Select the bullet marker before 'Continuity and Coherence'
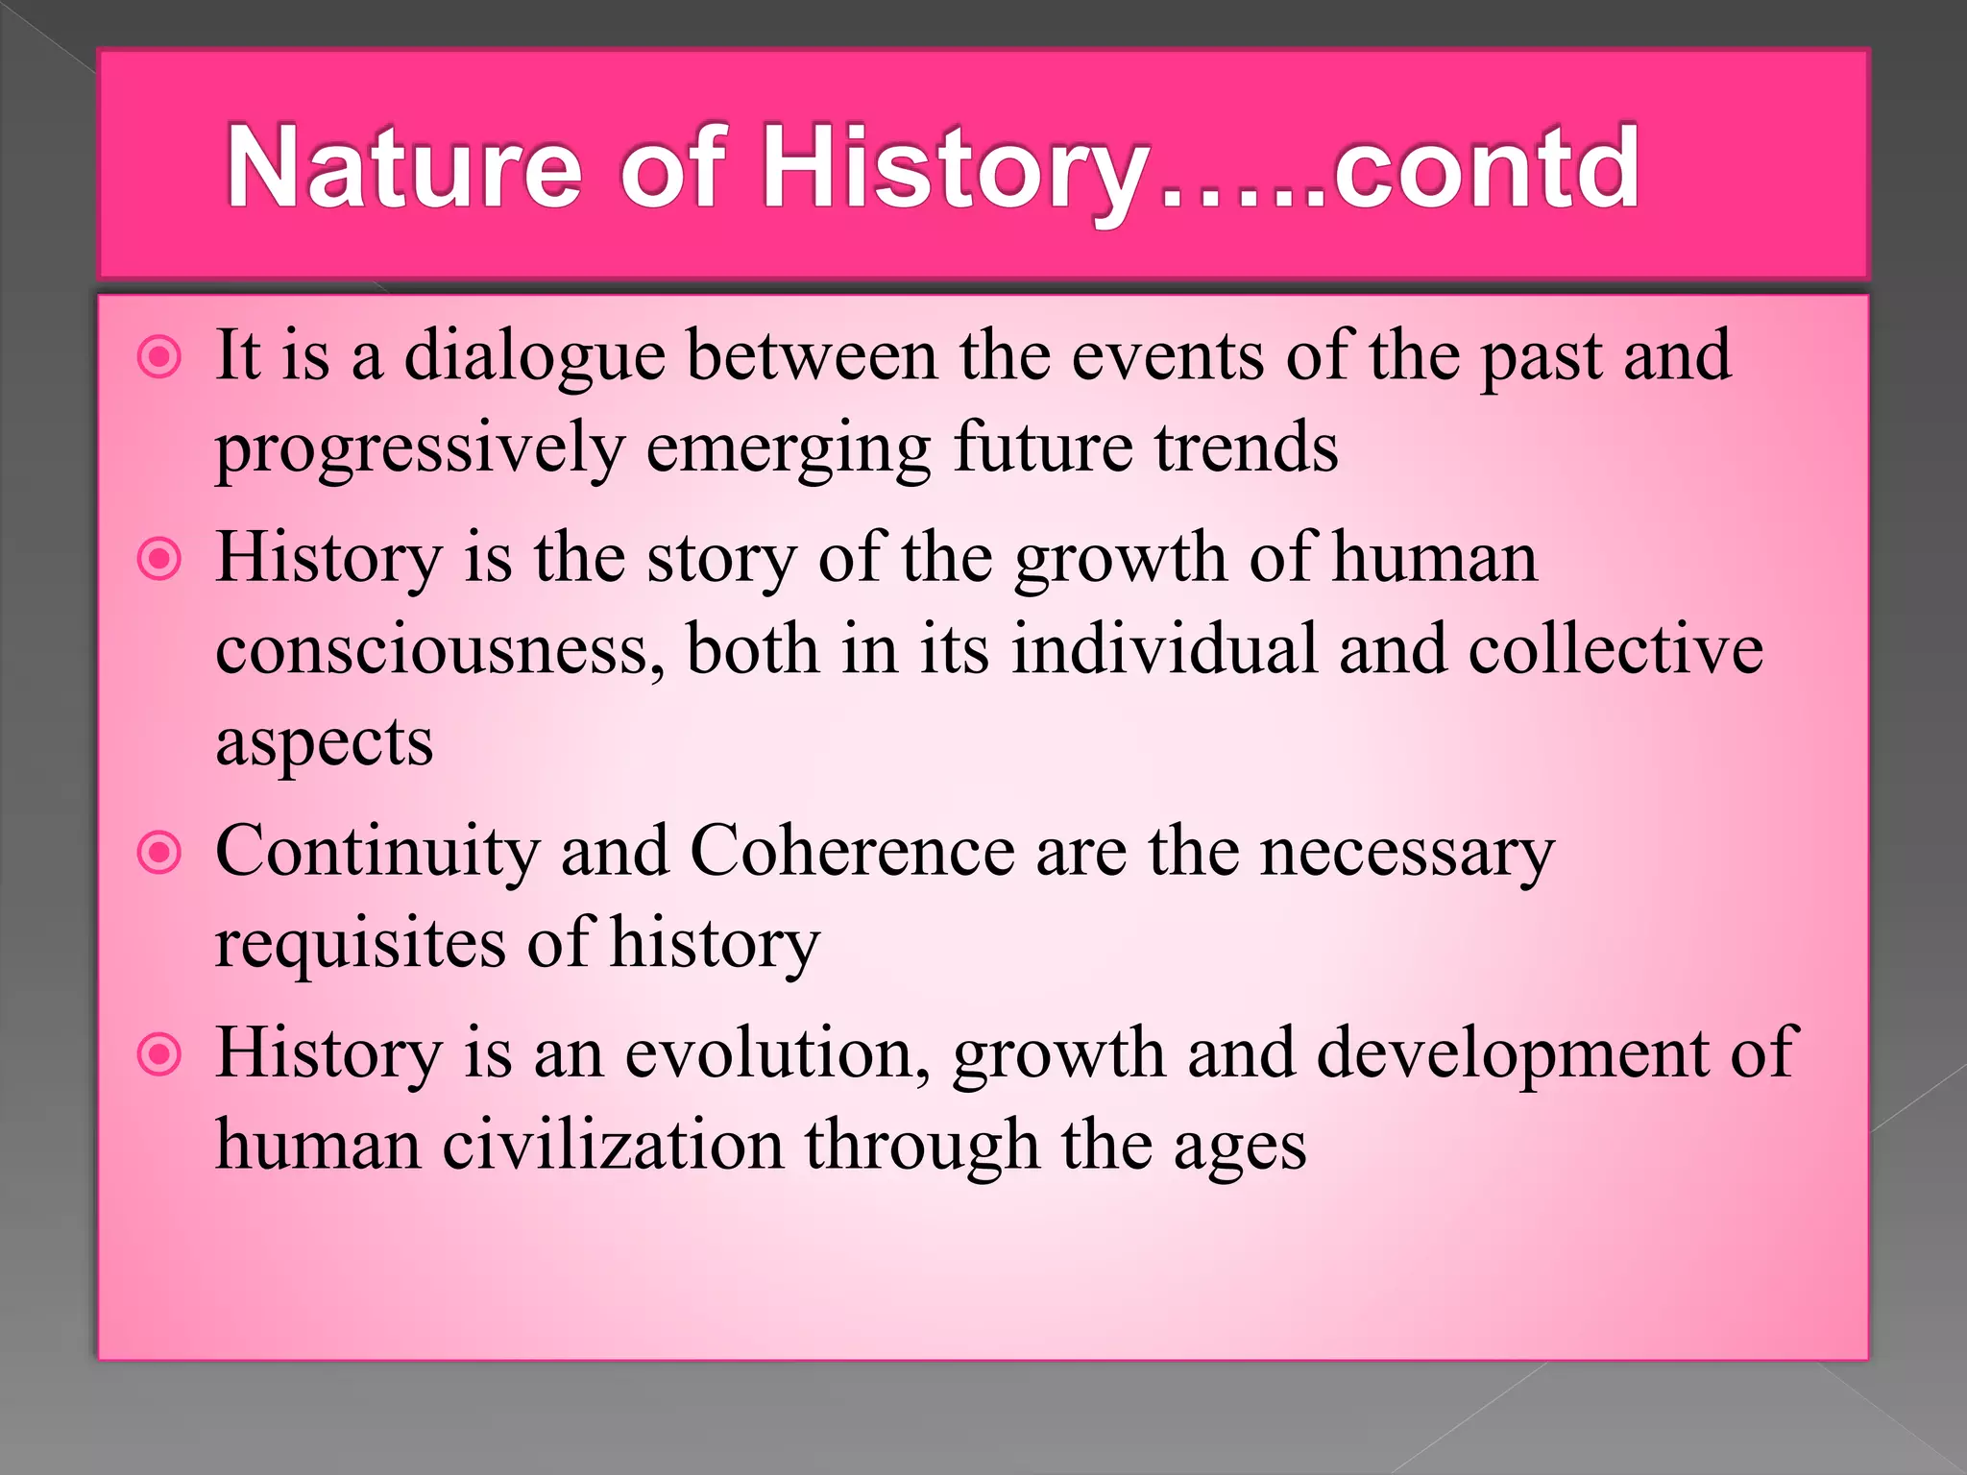[x=159, y=853]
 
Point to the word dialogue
[x=534, y=357]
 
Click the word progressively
[x=420, y=448]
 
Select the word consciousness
[x=439, y=650]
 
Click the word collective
[x=1615, y=650]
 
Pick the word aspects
[x=325, y=742]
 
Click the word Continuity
[x=377, y=853]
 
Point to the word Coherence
[x=852, y=853]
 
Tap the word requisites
[x=359, y=944]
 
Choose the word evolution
[x=776, y=1054]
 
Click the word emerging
[x=788, y=448]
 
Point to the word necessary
[x=1406, y=853]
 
